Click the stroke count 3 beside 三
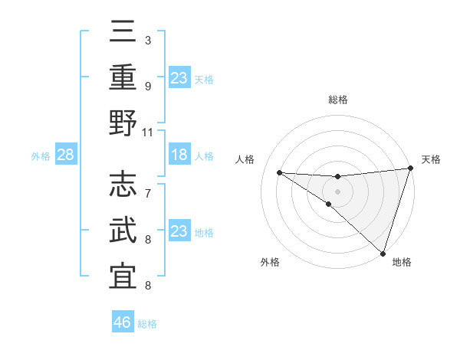(x=148, y=40)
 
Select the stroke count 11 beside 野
(x=148, y=132)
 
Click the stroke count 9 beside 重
(x=148, y=86)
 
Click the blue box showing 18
(x=179, y=155)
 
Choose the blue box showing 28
(x=66, y=155)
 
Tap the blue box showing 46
(x=123, y=323)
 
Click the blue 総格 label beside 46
(x=147, y=324)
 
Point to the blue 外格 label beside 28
(x=41, y=156)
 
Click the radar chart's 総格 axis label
(x=337, y=100)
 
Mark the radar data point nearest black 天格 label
(x=410, y=169)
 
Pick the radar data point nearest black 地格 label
(x=383, y=253)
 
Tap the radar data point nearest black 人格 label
(x=279, y=172)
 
